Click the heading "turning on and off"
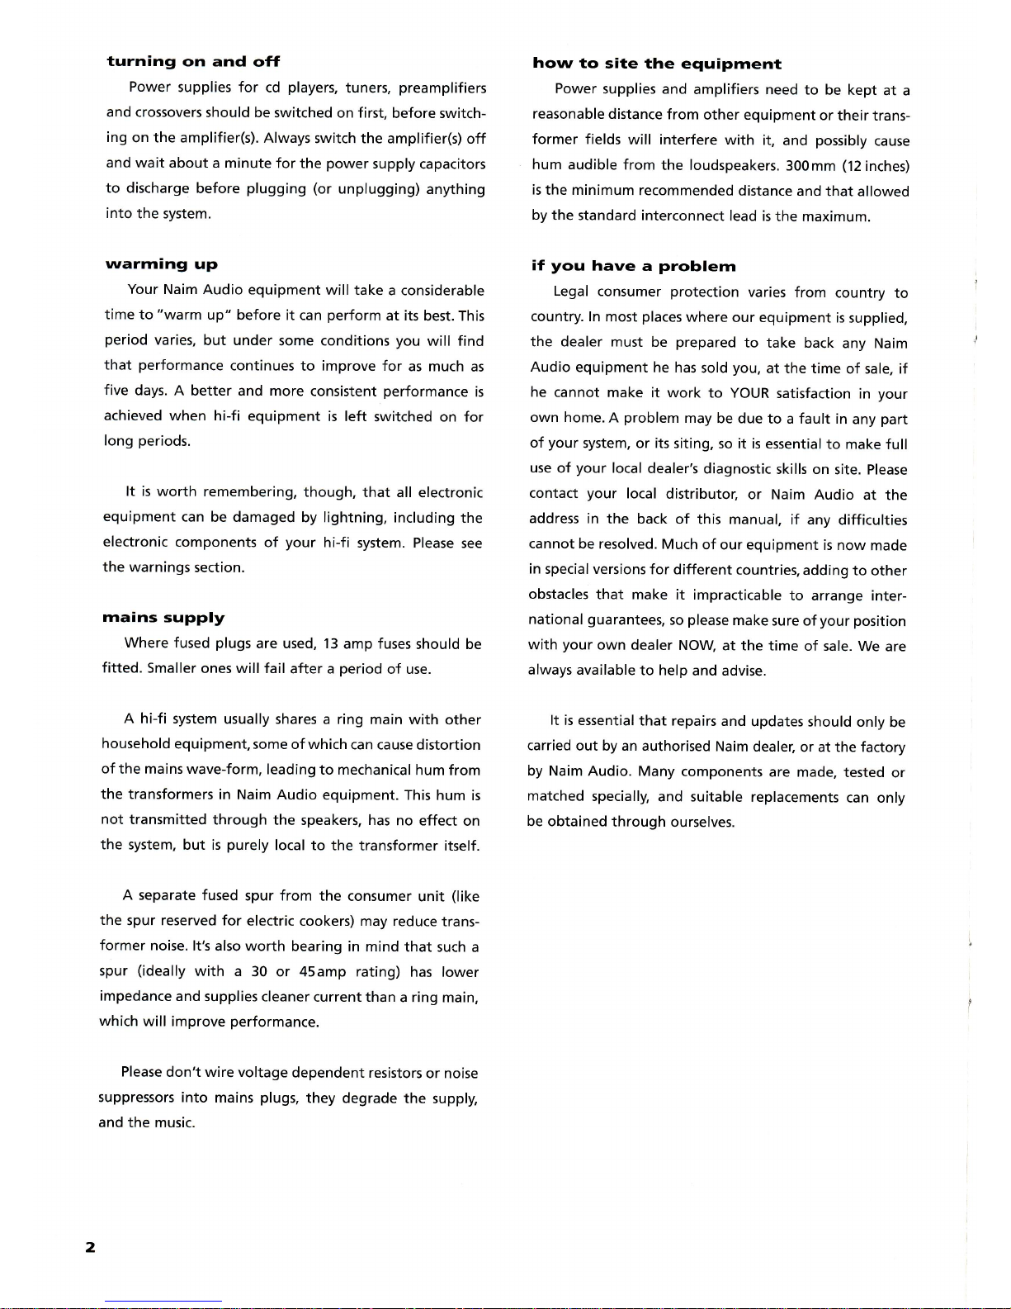click(193, 61)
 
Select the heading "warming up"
click(161, 264)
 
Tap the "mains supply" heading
click(163, 618)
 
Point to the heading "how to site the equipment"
click(656, 64)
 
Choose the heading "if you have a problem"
click(633, 266)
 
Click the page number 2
click(90, 1247)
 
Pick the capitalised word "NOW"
click(695, 646)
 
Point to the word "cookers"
click(325, 921)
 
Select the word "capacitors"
click(452, 164)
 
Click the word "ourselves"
click(702, 822)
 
